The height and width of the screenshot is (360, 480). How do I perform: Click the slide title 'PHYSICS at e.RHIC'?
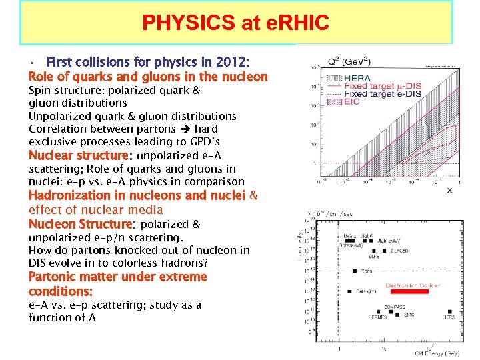[235, 23]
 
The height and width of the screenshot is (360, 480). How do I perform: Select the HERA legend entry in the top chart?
[359, 78]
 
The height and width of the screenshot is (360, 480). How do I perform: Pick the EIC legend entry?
[352, 102]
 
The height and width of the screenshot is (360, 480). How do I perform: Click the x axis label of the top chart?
[449, 190]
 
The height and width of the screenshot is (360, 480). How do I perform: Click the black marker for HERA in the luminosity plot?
[451, 311]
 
